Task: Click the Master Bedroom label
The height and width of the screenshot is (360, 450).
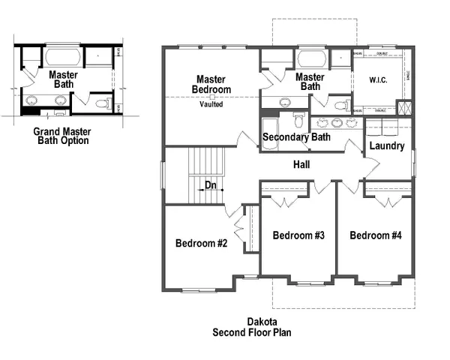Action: click(x=212, y=84)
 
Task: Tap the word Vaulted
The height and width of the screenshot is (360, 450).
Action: click(x=212, y=104)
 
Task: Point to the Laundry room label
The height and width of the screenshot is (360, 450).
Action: click(x=387, y=145)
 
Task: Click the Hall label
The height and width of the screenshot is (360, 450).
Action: click(x=302, y=164)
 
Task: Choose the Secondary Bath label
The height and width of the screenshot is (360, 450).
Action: click(x=296, y=137)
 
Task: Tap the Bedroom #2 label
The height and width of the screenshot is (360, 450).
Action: click(x=201, y=243)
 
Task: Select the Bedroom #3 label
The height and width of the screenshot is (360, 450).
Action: click(x=298, y=235)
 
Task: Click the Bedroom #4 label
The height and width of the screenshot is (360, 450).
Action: click(x=376, y=235)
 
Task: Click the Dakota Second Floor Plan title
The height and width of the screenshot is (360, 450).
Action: click(x=252, y=326)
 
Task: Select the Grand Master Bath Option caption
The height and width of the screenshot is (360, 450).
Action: click(x=62, y=135)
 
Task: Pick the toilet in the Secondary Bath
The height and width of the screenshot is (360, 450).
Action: click(x=298, y=121)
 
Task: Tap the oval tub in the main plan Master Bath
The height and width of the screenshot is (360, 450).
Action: click(x=310, y=58)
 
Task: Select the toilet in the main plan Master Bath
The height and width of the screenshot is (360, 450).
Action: click(x=340, y=104)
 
